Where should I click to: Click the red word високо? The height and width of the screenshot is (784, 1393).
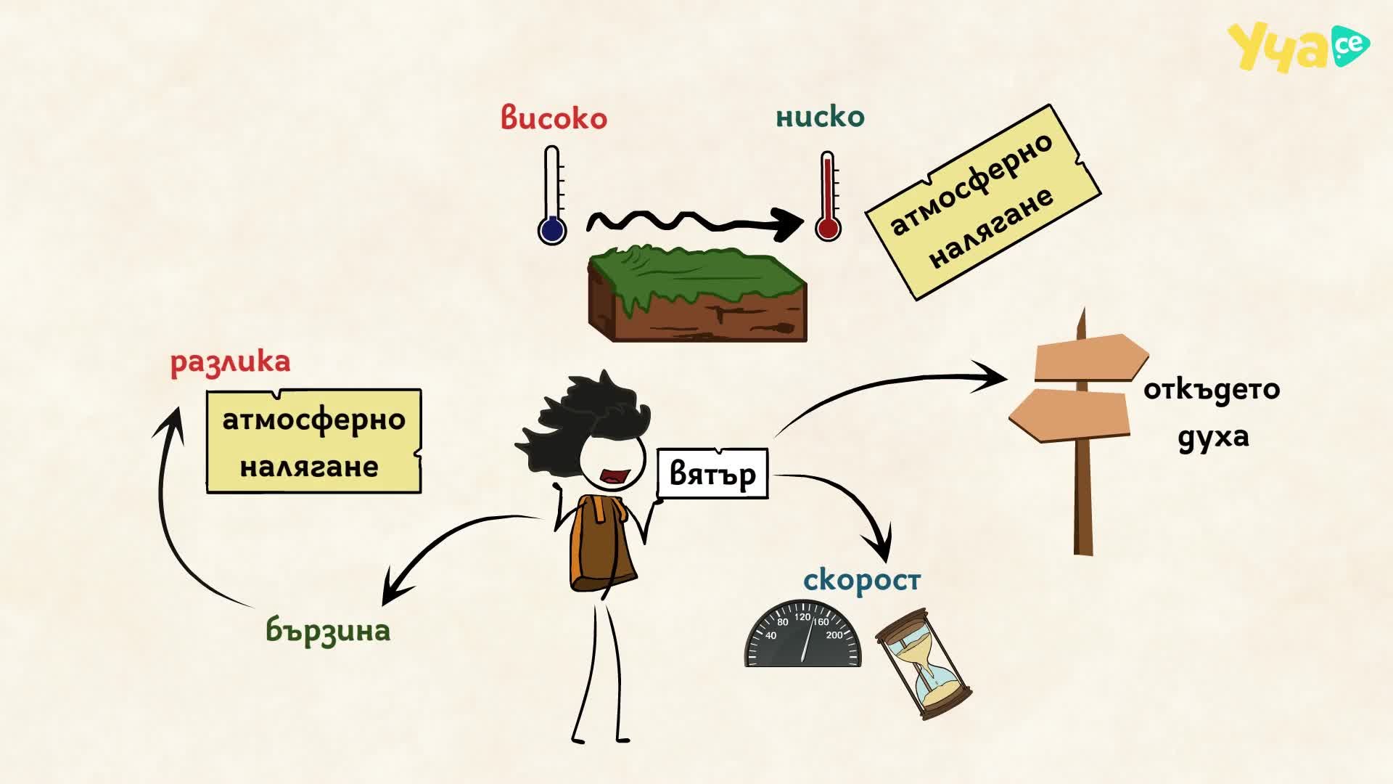554,118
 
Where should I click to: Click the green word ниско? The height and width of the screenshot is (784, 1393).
820,116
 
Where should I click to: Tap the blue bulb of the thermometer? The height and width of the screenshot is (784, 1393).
551,230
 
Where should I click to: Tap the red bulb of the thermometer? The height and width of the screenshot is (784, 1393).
828,227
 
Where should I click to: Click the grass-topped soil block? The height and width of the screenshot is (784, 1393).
697,293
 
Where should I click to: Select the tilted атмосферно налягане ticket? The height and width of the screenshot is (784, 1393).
983,202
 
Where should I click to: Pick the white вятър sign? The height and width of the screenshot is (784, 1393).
712,473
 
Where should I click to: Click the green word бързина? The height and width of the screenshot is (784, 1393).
328,629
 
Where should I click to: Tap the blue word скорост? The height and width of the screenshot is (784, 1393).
862,580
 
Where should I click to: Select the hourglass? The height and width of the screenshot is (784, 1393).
924,663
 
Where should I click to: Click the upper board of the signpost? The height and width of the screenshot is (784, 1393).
1090,357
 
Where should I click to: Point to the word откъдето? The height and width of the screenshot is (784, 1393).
1212,389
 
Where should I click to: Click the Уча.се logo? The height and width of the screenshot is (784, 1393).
1298,46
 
